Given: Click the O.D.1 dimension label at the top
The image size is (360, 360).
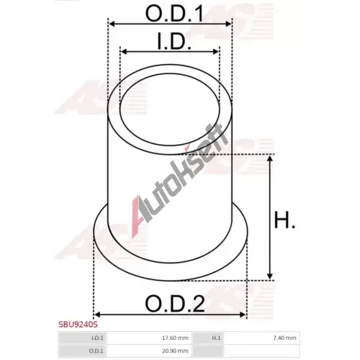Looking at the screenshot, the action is click(x=174, y=13).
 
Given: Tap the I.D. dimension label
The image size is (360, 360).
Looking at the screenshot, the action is click(x=174, y=41).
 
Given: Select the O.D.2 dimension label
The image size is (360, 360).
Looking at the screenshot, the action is click(x=175, y=304).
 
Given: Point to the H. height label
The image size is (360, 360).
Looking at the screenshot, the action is click(x=284, y=220).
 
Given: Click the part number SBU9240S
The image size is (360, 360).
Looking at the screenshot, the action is click(x=78, y=325).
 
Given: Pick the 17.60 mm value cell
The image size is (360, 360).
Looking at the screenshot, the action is click(x=175, y=338).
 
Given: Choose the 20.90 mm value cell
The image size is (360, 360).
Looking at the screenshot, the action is click(x=175, y=351).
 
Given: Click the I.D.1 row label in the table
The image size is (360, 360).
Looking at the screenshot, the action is click(x=97, y=338).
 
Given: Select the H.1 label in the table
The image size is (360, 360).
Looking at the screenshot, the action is click(x=216, y=338).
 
